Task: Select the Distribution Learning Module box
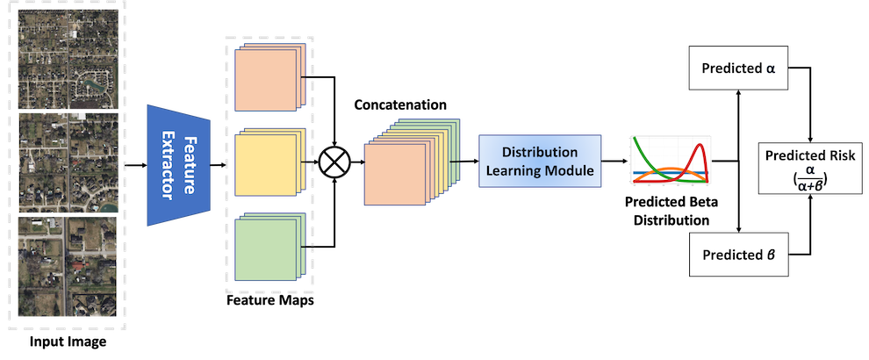point(541,161)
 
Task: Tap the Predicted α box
point(739,68)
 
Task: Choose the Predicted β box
point(739,255)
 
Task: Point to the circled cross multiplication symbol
point(334,162)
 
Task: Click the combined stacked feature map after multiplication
point(399,172)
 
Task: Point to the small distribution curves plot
point(669,161)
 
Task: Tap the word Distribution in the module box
point(541,152)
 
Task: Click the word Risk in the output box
point(828,155)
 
